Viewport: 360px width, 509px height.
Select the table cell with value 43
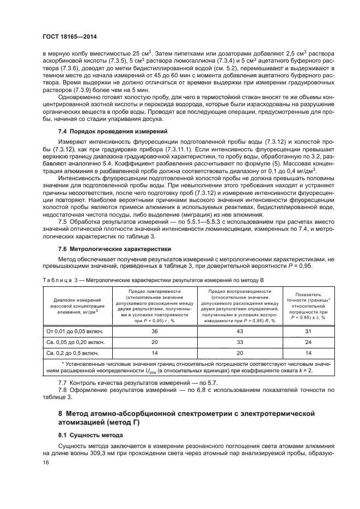[239, 332]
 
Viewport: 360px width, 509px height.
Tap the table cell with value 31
[308, 332]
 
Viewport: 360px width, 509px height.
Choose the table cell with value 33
[239, 342]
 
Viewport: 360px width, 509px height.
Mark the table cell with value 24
[308, 342]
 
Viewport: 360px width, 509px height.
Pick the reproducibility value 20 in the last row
[239, 353]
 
